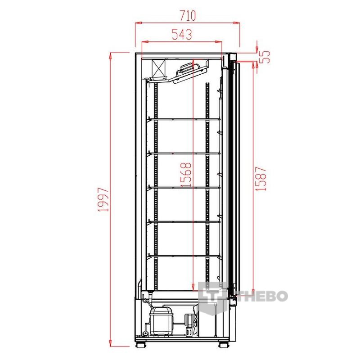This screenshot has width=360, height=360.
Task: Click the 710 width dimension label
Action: pos(188,15)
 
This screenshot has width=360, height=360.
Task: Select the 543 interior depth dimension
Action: pos(182,35)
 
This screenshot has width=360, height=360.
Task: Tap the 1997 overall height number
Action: pos(103,199)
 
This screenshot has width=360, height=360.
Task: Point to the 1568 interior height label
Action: pos(186,175)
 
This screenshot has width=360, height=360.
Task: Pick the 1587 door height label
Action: pos(261,179)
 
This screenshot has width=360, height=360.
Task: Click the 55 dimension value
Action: pos(265,57)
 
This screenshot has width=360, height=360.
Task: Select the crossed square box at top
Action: pos(158,68)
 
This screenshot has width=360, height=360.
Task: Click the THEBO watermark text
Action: pos(262,296)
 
